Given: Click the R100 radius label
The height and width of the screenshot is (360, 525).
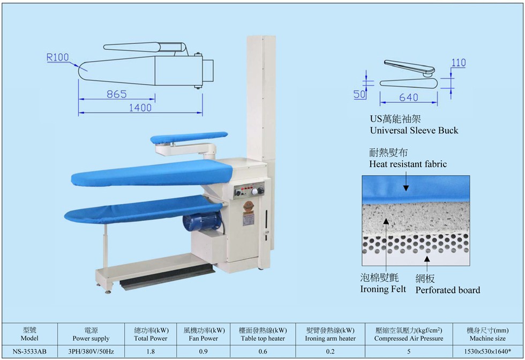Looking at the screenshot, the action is [58, 57].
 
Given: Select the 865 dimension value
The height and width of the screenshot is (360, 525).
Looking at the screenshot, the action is [117, 94].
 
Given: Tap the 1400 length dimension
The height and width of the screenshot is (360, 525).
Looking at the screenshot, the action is [140, 108].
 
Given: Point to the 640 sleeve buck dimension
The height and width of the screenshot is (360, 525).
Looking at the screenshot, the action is [408, 97].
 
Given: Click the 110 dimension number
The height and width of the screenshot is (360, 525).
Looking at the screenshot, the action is [459, 63].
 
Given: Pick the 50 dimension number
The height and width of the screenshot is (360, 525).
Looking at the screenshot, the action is [359, 94].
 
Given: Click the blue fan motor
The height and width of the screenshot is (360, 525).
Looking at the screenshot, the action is [202, 221].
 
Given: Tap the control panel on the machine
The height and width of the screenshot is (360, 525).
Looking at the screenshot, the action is [249, 191].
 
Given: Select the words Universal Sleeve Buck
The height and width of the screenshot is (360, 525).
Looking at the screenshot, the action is [414, 130].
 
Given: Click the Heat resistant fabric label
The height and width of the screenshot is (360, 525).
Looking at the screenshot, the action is [408, 164].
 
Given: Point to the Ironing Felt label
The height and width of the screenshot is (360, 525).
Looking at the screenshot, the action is [383, 289].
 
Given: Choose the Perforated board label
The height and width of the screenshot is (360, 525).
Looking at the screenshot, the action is [448, 290].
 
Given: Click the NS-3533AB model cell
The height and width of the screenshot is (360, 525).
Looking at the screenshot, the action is [29, 351].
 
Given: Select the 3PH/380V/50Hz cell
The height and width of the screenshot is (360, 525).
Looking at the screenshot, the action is [91, 351].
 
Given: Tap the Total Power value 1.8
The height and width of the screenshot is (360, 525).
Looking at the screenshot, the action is [151, 351].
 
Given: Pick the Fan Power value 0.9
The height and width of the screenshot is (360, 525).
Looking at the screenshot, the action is [203, 351].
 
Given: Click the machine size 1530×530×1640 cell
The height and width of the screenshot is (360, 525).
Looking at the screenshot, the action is [487, 351].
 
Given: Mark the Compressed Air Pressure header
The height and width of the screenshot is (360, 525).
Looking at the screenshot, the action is [408, 339].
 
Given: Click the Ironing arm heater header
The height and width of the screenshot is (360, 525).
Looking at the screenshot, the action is [330, 339].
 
